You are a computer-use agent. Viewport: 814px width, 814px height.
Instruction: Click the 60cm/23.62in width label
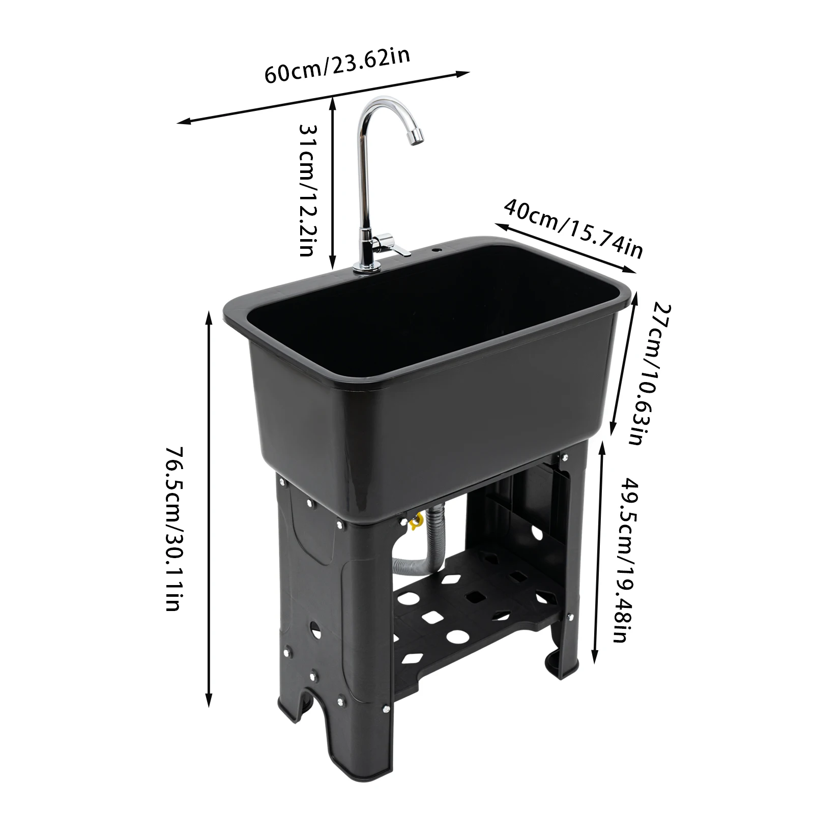pyautogui.click(x=337, y=66)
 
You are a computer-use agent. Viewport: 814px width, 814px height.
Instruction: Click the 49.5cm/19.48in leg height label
pyautogui.click(x=625, y=560)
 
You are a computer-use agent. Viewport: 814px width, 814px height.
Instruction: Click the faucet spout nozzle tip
pyautogui.click(x=417, y=135)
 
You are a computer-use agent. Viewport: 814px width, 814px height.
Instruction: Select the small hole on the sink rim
pyautogui.click(x=436, y=251)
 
